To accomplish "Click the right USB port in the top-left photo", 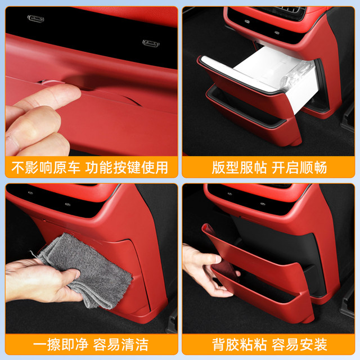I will [x=152, y=43].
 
